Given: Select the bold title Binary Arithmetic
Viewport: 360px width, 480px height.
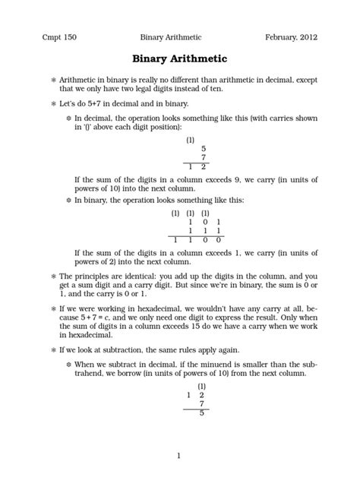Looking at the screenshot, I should [x=180, y=57].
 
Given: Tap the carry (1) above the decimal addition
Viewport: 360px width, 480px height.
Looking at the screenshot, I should [x=190, y=140].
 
